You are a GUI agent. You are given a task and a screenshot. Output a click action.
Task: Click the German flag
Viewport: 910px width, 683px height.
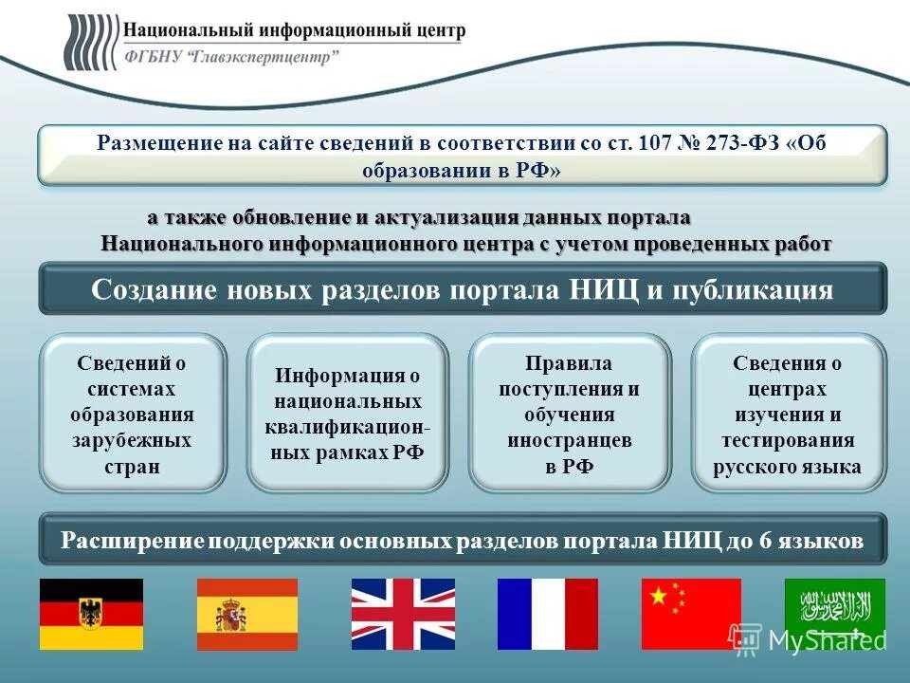pos(91,614)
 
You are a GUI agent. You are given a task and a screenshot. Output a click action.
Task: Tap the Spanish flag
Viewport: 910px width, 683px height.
pos(246,614)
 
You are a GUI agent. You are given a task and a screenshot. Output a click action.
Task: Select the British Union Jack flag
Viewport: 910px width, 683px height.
pos(403,614)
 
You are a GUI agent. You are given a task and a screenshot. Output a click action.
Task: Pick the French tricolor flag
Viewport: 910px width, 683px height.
pos(548,614)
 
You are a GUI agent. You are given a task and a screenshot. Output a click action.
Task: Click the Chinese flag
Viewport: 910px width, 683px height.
pos(691,614)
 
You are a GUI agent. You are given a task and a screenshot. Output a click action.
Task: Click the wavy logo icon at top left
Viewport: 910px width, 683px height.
pos(90,43)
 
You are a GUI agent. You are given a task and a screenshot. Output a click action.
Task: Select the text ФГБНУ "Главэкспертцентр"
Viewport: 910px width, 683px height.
pos(231,57)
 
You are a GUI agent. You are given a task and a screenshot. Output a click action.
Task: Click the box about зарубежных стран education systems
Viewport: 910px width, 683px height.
pos(132,415)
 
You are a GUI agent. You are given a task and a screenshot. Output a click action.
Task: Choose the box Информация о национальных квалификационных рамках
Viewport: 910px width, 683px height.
pos(347,415)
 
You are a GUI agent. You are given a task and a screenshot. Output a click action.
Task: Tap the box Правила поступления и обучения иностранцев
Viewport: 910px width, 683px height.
pos(570,415)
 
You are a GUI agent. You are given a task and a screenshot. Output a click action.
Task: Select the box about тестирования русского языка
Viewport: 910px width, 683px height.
pos(788,415)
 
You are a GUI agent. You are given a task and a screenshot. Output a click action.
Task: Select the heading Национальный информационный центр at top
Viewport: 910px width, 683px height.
pos(294,30)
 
